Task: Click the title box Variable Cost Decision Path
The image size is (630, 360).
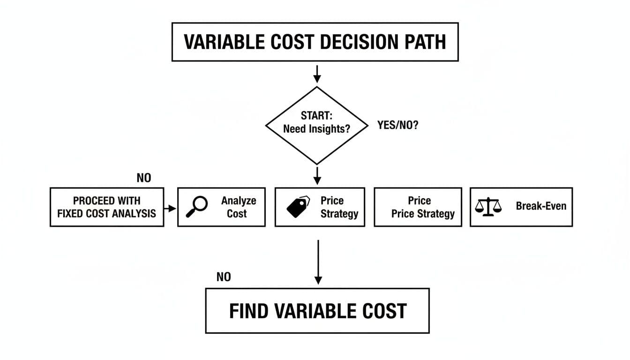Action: click(x=315, y=42)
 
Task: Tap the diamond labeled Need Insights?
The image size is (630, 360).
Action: click(x=317, y=125)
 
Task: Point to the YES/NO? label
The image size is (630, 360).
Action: click(x=397, y=126)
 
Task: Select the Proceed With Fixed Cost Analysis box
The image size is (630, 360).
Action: click(x=107, y=207)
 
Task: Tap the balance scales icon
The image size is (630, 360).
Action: click(x=488, y=207)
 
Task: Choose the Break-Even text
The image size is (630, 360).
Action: click(x=541, y=206)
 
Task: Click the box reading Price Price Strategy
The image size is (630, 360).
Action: click(x=418, y=207)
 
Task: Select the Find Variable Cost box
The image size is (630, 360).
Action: click(x=317, y=311)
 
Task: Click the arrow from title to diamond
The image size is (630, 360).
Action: click(x=317, y=73)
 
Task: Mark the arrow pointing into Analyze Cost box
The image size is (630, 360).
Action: click(x=171, y=207)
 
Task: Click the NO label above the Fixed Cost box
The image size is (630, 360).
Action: click(x=144, y=178)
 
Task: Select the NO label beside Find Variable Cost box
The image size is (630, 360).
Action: click(x=224, y=277)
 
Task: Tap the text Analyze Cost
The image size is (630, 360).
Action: click(x=238, y=207)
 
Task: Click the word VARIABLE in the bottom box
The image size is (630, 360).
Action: click(x=310, y=311)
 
